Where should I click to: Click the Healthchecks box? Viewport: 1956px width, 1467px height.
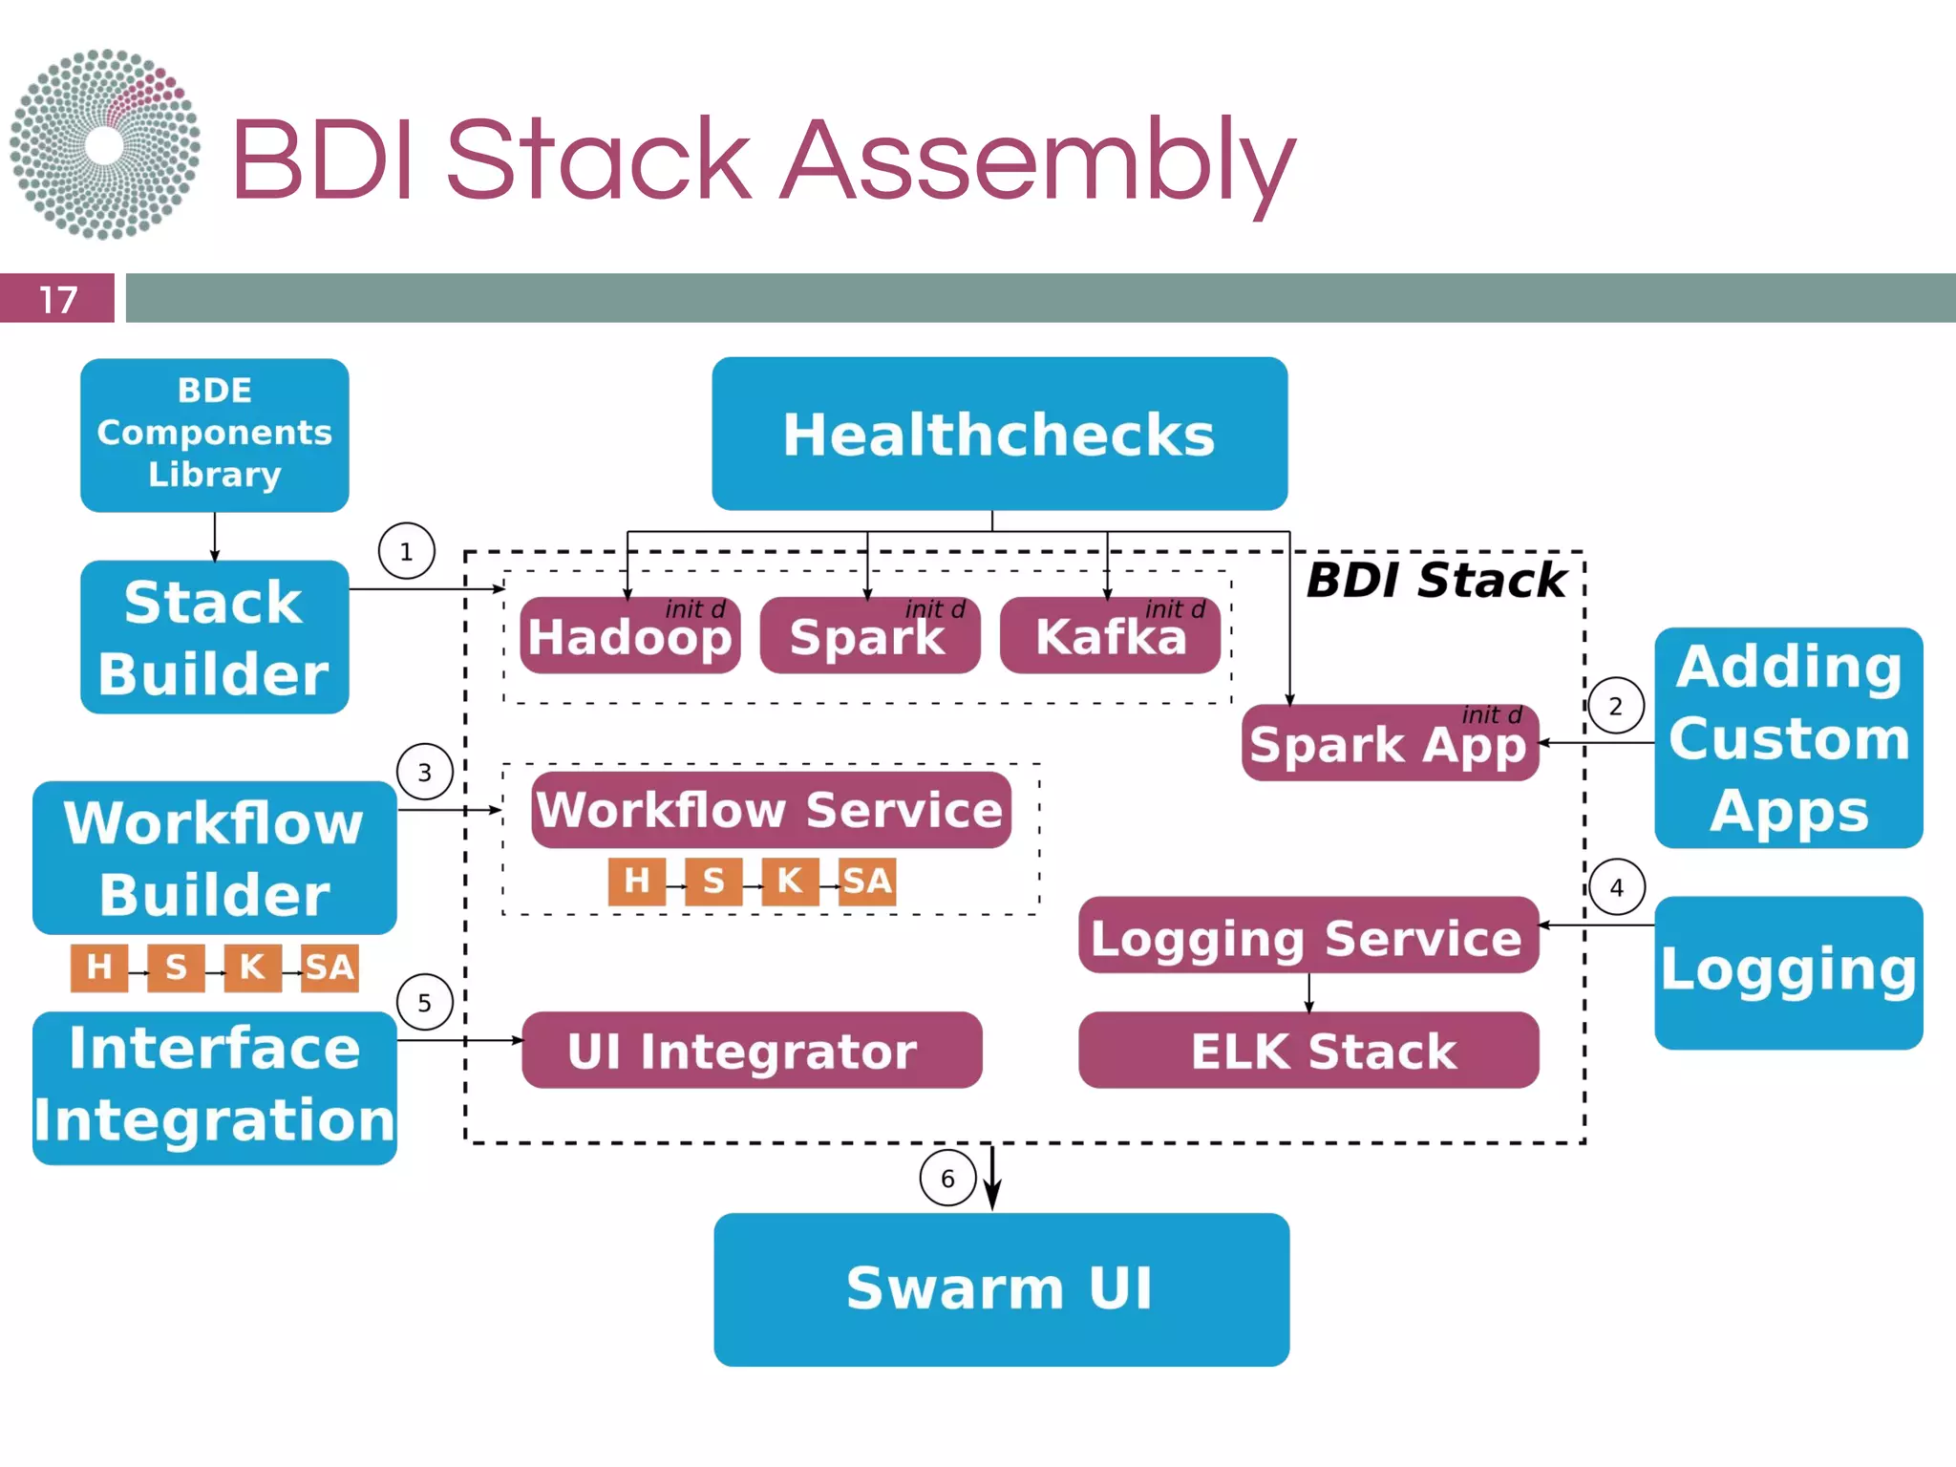999,434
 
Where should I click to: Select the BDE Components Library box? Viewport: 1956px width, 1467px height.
214,435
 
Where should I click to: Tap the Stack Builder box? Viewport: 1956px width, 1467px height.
214,637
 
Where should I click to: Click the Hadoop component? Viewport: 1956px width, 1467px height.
630,637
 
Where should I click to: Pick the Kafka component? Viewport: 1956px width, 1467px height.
1110,637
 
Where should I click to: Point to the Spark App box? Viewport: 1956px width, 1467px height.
1390,743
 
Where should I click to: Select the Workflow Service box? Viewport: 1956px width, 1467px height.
771,810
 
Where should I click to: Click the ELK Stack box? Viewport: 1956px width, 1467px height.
1308,1051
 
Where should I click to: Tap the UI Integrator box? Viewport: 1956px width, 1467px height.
752,1051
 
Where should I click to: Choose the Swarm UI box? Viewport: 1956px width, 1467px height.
1001,1289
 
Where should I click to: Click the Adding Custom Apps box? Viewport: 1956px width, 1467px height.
1788,737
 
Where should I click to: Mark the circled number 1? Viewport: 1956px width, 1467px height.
407,551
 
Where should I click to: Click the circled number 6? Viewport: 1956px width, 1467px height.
947,1179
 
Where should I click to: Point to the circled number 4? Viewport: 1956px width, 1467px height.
1617,887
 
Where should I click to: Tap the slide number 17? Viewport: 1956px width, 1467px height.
57,299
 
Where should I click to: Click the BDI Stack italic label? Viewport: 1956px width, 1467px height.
1436,581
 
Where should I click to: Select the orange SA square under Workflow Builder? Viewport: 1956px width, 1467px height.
330,967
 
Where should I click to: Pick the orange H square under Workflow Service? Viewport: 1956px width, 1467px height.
636,881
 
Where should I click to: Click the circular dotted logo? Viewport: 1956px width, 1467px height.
105,144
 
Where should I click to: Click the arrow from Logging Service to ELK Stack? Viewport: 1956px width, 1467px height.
1308,992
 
